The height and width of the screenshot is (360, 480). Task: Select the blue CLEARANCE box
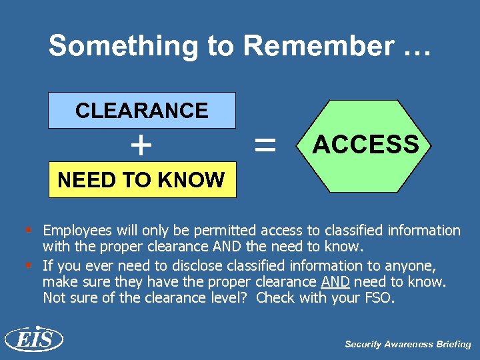(x=142, y=110)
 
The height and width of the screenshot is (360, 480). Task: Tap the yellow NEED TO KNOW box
(x=142, y=179)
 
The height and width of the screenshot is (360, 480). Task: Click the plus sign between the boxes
(x=141, y=145)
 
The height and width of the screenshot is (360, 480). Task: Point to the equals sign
(x=265, y=144)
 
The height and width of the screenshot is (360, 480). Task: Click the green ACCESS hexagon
(x=365, y=144)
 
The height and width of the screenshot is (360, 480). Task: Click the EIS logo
(x=33, y=340)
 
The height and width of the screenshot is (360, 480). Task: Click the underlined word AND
(x=336, y=281)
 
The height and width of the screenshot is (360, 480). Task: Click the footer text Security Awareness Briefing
(x=407, y=345)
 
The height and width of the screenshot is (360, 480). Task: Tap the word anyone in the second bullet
(x=409, y=265)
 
